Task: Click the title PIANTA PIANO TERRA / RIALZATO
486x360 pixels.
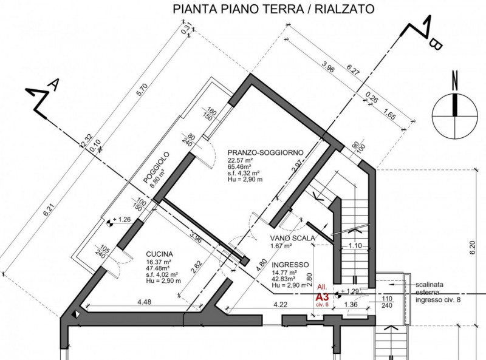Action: [273, 9]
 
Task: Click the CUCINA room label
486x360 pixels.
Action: [160, 254]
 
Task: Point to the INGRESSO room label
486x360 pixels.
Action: [291, 265]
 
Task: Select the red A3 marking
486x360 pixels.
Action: [322, 297]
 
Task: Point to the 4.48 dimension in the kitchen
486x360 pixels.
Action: [144, 302]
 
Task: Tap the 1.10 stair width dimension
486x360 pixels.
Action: [355, 246]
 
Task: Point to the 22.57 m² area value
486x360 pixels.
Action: [241, 160]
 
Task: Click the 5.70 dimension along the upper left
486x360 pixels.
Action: [142, 91]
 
